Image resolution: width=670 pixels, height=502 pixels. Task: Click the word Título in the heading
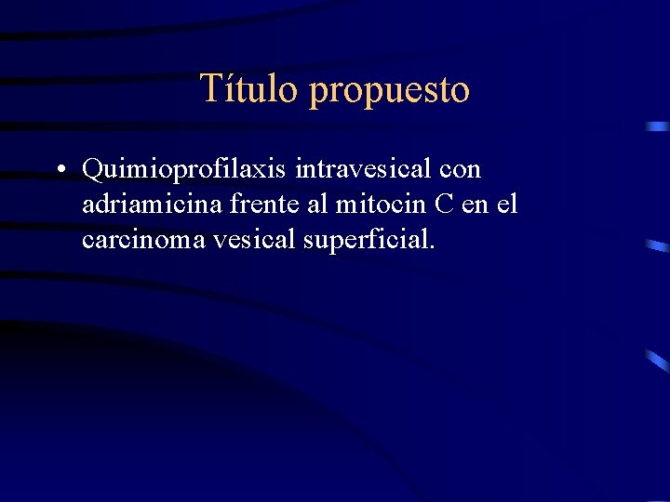(249, 89)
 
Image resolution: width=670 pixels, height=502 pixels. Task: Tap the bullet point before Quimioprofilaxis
(59, 170)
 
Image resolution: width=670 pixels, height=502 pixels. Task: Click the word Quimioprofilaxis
(185, 171)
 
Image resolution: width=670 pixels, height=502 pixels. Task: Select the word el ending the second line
(507, 205)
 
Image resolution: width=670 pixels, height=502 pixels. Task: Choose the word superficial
(364, 240)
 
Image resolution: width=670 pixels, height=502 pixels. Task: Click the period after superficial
(431, 248)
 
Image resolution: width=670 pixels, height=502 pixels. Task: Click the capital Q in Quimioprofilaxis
(93, 171)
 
